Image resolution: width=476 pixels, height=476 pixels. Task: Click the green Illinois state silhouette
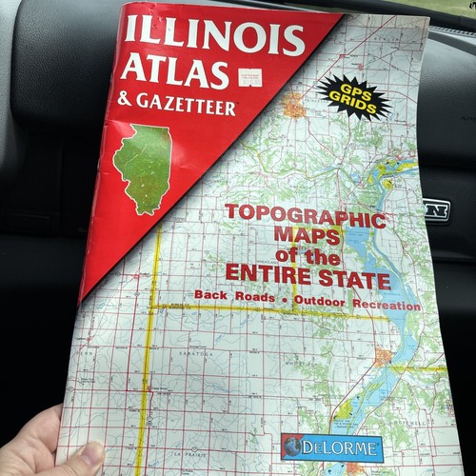(x=142, y=167)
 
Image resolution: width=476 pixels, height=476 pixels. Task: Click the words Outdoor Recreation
(x=357, y=306)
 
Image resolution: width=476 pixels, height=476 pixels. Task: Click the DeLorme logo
(x=332, y=446)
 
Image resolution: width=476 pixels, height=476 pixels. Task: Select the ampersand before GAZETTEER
(x=126, y=98)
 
